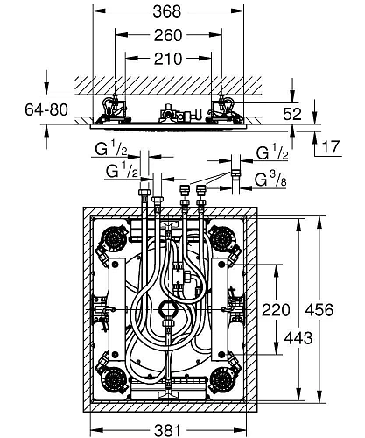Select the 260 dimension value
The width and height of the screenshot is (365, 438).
pos(166,38)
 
